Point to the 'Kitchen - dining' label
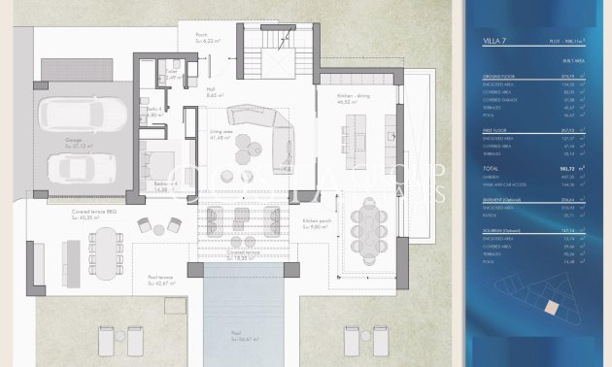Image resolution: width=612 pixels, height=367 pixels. point(356,99)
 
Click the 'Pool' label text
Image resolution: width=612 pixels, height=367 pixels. point(236,334)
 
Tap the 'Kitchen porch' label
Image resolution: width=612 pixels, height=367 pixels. point(317,223)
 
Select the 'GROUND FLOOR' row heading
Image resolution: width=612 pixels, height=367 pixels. point(498,75)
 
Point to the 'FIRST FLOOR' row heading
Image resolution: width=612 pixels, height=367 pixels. point(496,128)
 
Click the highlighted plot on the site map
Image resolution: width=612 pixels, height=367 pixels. point(551,307)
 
